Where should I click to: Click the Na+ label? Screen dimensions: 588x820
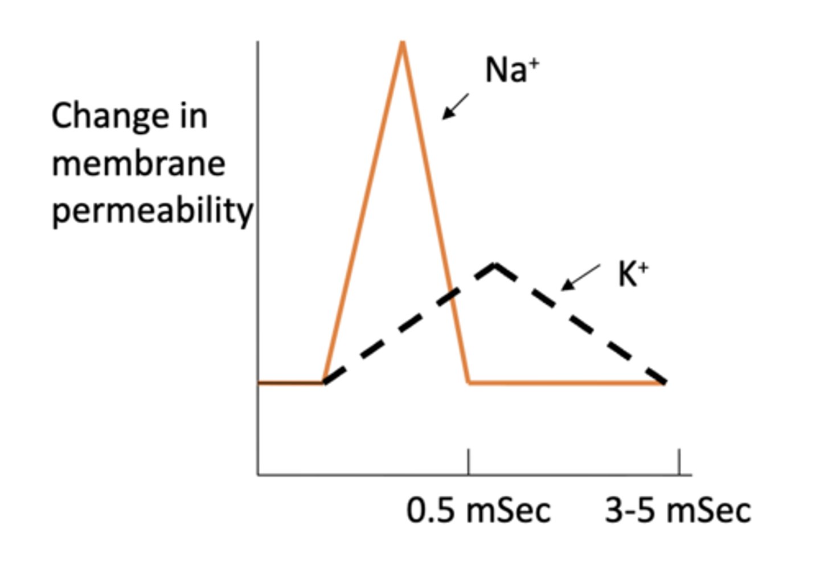511,71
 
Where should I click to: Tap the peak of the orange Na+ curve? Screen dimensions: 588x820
403,43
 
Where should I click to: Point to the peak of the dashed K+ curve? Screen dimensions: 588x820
495,264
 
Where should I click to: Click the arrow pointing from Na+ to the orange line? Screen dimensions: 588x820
456,106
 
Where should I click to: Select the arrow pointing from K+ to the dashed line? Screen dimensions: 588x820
580,277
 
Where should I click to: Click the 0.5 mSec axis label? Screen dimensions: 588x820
478,510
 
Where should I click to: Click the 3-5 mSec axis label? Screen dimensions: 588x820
677,510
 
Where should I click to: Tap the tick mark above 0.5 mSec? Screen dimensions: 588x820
468,461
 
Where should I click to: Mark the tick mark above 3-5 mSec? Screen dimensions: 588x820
679,461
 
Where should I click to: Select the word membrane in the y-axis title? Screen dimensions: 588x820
138,164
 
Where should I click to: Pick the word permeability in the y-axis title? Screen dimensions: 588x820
152,212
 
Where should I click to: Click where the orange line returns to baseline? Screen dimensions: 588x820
469,383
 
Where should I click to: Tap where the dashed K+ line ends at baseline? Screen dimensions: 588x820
664,383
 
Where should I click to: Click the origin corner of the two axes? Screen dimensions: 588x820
258,474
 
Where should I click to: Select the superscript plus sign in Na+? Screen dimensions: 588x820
534,63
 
